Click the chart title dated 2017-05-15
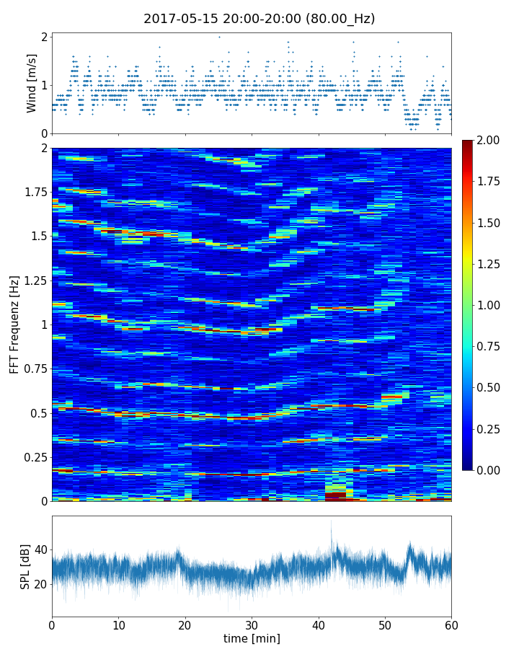point(259,19)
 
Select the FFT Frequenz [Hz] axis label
point(14,324)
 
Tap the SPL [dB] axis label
point(25,567)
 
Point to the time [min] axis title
point(252,638)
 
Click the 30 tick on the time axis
point(252,624)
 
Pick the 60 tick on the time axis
point(451,624)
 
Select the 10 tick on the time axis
point(118,624)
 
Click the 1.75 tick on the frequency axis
point(33,192)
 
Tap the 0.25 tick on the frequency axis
point(33,457)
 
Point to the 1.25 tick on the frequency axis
point(33,281)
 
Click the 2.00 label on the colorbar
point(492,140)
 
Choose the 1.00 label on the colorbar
point(492,305)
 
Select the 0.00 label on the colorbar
point(492,470)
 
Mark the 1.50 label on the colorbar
point(492,223)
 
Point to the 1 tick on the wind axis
point(45,85)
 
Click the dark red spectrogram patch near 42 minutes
point(335,495)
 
